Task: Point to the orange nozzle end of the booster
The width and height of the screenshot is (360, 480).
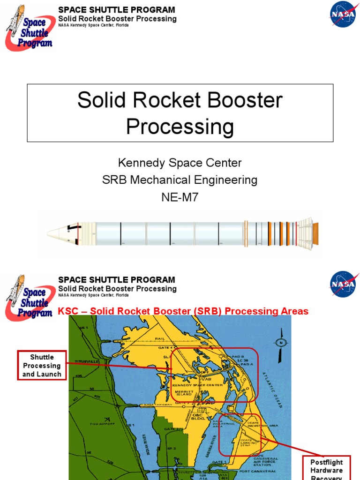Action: tap(315, 230)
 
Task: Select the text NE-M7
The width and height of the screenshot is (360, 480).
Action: tap(180, 197)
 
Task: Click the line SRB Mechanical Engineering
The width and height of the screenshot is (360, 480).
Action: tap(180, 180)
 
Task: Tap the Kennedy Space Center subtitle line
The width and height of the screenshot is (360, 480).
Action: tap(180, 163)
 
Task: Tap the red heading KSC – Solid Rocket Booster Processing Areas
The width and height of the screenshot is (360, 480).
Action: tap(183, 311)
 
